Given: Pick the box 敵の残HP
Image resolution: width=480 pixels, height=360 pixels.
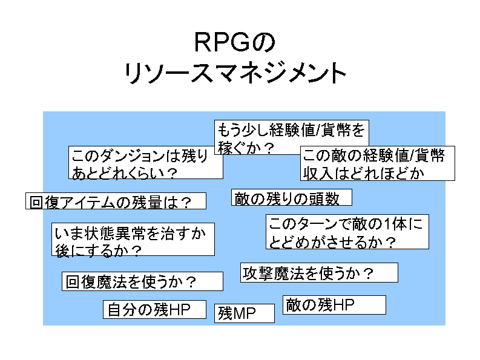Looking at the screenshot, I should pos(334,305).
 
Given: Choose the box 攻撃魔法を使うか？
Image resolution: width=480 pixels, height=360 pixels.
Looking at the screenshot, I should pos(319,273).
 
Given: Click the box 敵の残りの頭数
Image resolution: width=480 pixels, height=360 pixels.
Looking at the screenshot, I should pos(292,198).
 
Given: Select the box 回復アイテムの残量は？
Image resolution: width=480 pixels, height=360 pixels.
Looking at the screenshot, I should pos(116,201).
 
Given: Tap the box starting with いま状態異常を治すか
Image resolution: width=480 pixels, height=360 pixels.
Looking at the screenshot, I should pos(133,240).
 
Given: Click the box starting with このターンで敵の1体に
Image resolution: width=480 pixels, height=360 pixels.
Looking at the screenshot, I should pos(347,232).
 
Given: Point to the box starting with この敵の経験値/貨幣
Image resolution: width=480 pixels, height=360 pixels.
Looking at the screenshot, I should pos(377,164).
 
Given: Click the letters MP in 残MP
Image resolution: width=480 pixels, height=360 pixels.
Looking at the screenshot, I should pos(245,313).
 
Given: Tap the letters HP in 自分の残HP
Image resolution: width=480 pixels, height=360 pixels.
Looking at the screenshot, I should pos(179,309).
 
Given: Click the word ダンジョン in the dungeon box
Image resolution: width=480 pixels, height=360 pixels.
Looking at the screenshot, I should pos(130,157).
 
